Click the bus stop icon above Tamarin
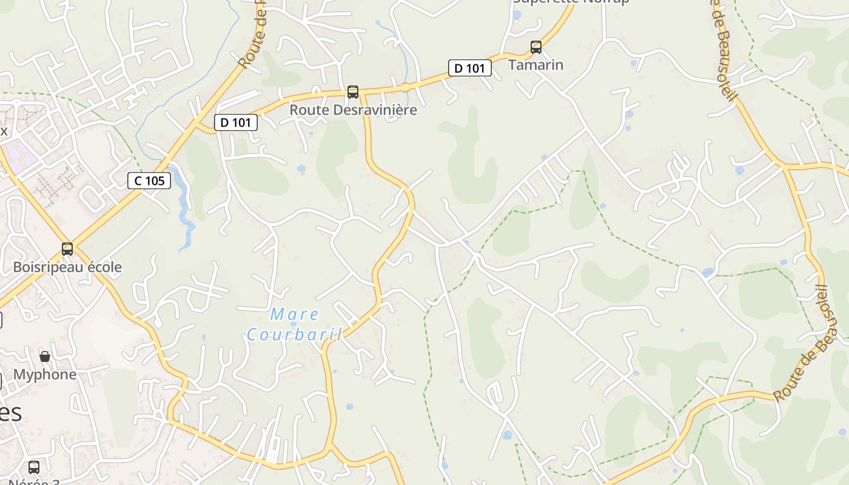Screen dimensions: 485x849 click(535, 47)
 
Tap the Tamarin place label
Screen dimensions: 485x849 click(535, 65)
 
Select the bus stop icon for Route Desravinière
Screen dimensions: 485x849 click(352, 92)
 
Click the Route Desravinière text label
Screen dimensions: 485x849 click(353, 110)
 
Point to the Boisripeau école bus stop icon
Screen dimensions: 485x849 click(67, 249)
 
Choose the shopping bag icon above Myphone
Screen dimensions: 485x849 click(45, 356)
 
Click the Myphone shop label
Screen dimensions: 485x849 click(45, 375)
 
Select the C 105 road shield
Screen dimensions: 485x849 click(149, 180)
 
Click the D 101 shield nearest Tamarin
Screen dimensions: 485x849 click(470, 69)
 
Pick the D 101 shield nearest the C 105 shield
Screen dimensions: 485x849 click(236, 122)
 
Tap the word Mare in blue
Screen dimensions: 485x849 click(294, 314)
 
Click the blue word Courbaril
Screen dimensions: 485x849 click(294, 334)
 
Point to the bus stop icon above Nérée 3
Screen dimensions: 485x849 click(34, 467)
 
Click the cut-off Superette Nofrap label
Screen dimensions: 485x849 click(571, 2)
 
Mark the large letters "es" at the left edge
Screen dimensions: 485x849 click(10, 413)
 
